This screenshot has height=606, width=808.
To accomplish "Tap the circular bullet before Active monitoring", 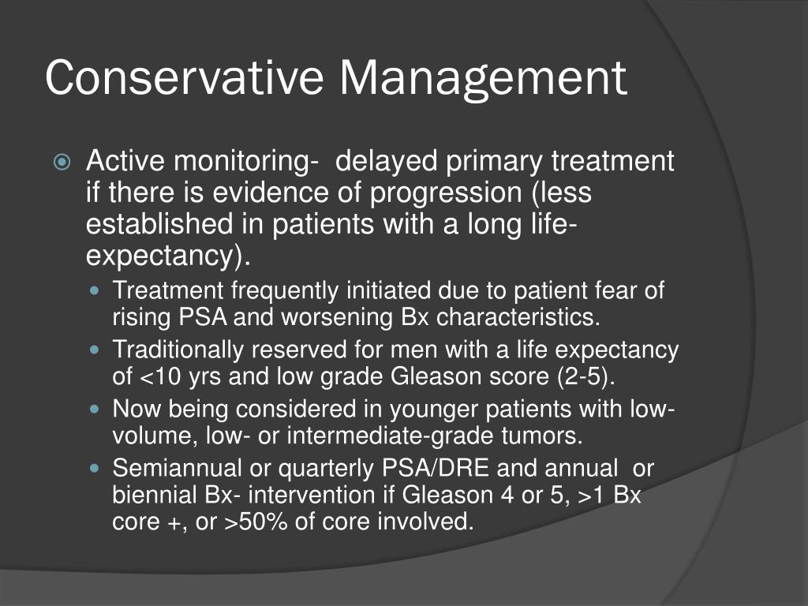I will coord(64,163).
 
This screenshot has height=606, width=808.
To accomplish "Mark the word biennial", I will coord(151,495).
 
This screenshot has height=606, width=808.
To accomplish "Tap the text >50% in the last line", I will coord(253,522).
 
